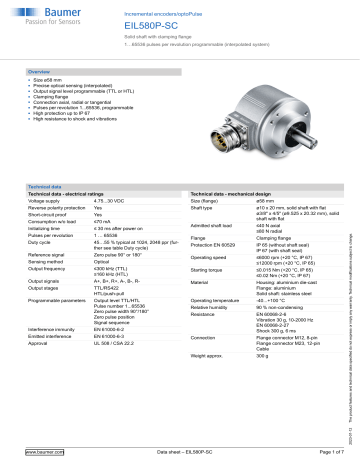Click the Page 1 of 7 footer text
pyautogui.click(x=320, y=453)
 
